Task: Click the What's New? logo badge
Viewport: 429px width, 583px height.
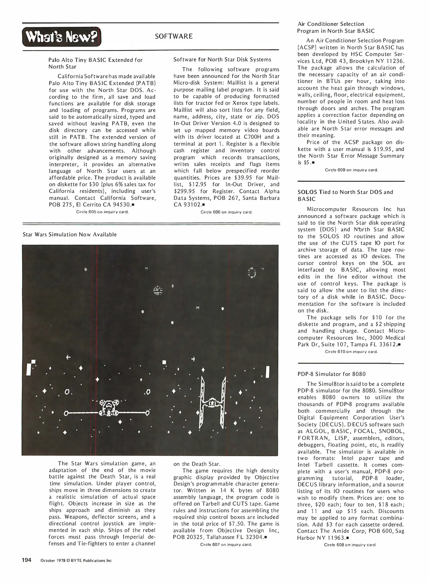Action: coord(62,37)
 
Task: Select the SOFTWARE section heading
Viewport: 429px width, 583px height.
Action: coord(174,36)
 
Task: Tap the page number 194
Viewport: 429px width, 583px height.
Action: coord(27,560)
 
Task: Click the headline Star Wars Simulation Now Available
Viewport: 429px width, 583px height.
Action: coord(70,235)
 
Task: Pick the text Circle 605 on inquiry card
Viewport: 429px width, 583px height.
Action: coord(102,212)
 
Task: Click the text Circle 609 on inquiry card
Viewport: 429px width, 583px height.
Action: coord(351,170)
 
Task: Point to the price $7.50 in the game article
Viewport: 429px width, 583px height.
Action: coord(225,524)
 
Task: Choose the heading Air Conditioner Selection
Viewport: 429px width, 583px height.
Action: coord(330,24)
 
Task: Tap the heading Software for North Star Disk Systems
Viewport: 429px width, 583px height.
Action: coord(222,60)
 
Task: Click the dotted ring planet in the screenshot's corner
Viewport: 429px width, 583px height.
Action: coord(252,273)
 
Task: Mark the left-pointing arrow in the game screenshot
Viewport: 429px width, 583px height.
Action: coord(68,358)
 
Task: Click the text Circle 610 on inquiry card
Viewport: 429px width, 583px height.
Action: coord(351,352)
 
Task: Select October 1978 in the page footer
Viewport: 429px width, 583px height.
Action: coord(52,561)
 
